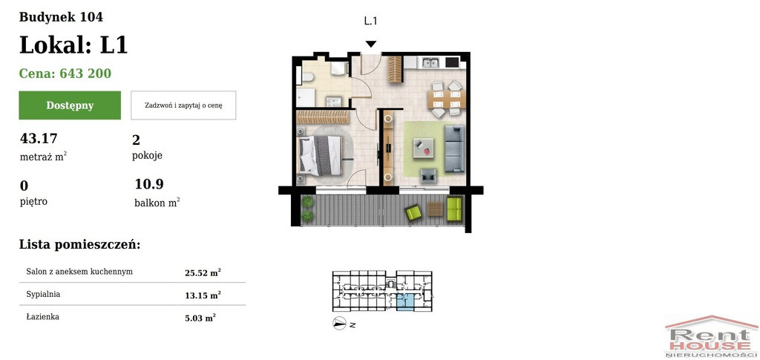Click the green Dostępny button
(70, 105)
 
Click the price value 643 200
(85, 73)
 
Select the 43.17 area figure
(39, 139)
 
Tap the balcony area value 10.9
(149, 184)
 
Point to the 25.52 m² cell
(203, 272)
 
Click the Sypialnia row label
(43, 294)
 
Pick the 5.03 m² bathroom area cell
(200, 318)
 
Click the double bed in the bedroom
(321, 155)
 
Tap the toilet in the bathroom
(307, 77)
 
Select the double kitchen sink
(430, 62)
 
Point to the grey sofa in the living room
(455, 148)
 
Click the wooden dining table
(446, 99)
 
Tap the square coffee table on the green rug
(424, 148)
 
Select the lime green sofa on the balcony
(455, 209)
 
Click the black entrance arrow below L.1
(371, 44)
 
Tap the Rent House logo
(711, 337)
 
